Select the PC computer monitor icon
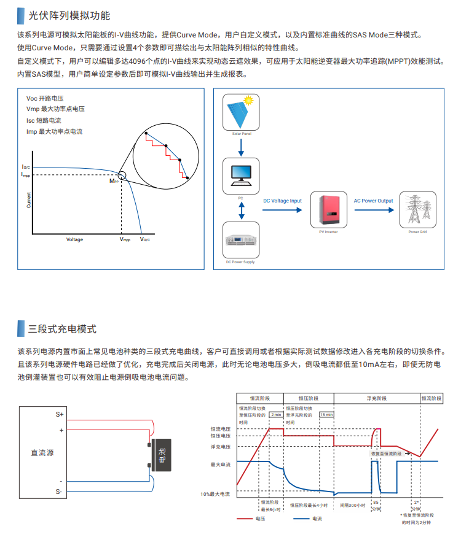(x=241, y=175)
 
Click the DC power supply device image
(x=241, y=241)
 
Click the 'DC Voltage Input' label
(x=282, y=201)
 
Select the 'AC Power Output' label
(x=373, y=201)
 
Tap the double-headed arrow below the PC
(x=241, y=210)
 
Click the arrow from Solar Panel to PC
(x=241, y=146)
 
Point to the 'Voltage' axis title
(x=74, y=240)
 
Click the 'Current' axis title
(x=28, y=199)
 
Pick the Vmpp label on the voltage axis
(x=125, y=240)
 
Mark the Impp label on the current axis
(x=25, y=175)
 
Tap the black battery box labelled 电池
(x=162, y=456)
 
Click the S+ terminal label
(x=60, y=414)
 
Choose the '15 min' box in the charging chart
(x=326, y=415)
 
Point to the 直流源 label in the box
(x=42, y=453)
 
